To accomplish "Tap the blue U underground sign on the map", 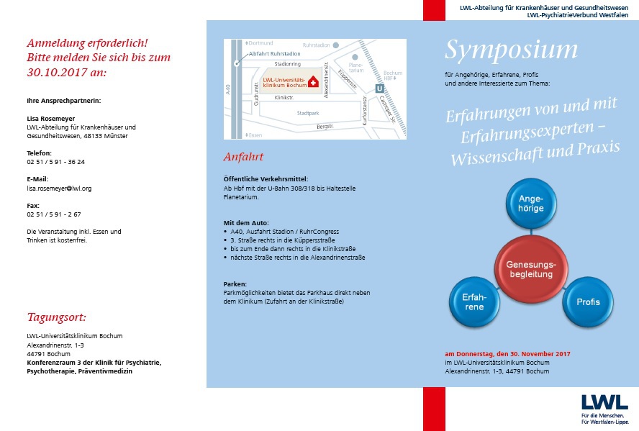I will [380, 88].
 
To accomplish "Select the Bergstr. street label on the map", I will [326, 127].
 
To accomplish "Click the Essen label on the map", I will [254, 135].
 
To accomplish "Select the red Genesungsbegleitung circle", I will [532, 270].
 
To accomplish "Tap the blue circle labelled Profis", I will [587, 301].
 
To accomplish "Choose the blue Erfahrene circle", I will [473, 301].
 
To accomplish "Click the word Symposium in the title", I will [511, 50].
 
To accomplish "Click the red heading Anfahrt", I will [243, 157].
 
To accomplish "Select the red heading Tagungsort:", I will [57, 317].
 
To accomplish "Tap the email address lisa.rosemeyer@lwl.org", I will [59, 188].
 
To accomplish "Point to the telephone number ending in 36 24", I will [55, 162].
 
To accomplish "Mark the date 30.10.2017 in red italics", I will [56, 73].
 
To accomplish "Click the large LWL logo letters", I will [604, 401].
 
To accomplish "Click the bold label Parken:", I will [235, 284].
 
